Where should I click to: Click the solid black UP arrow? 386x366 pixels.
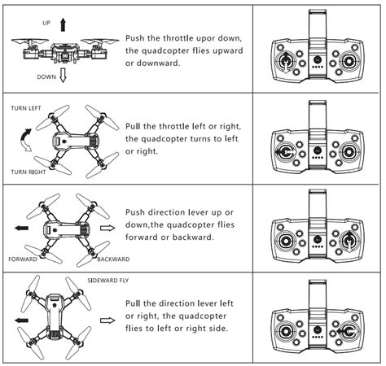(x=63, y=24)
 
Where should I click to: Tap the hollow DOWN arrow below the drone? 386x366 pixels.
(x=63, y=75)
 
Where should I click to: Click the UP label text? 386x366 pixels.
(x=46, y=23)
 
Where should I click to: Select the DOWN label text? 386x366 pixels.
(x=46, y=77)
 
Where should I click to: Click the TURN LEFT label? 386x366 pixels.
(x=26, y=108)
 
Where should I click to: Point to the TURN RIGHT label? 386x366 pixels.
(x=29, y=172)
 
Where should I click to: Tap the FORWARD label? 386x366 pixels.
(x=23, y=259)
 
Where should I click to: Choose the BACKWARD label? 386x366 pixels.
(x=113, y=259)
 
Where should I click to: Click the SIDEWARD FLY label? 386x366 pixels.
(x=108, y=281)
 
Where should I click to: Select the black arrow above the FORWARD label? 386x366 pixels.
(x=21, y=228)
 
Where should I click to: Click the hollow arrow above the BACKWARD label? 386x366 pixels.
(x=107, y=228)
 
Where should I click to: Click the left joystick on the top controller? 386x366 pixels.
(x=286, y=61)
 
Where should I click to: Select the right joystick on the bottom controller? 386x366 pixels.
(x=349, y=331)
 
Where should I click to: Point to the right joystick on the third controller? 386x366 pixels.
(x=349, y=241)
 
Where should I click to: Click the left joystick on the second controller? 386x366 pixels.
(x=286, y=152)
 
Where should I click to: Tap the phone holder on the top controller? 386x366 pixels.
(x=318, y=25)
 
